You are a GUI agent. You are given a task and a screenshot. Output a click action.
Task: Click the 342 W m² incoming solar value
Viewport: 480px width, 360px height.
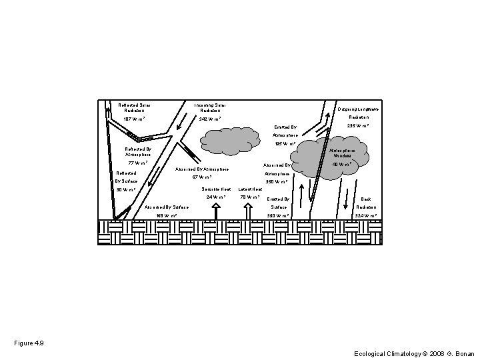point(210,120)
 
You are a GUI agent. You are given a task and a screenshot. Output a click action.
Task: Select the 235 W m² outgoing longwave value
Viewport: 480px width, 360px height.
point(358,125)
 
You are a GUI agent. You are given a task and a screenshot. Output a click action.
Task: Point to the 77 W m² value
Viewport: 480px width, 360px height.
point(138,163)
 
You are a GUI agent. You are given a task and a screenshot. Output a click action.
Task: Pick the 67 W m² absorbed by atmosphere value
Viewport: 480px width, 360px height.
point(201,177)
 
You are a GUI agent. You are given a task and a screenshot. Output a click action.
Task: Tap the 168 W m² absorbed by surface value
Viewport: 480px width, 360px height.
point(166,215)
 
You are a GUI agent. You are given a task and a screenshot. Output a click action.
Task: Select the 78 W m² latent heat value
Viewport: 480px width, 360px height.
point(250,197)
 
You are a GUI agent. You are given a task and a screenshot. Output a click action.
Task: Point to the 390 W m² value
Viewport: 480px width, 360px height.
point(277,215)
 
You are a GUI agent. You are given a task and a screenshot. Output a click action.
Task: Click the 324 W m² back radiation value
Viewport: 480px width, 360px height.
point(366,215)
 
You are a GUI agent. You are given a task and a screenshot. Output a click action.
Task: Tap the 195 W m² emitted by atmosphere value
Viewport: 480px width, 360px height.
point(287,143)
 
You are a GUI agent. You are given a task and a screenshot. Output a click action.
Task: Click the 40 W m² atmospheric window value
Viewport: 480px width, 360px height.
point(343,164)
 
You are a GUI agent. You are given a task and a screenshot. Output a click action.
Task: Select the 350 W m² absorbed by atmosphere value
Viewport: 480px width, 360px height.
point(276,181)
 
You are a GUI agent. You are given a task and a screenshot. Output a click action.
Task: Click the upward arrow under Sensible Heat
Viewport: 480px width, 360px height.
point(216,211)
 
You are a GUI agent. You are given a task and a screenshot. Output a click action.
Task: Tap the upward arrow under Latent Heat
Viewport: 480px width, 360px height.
point(248,211)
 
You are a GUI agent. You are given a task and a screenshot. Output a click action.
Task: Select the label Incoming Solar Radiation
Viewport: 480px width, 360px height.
point(210,107)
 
